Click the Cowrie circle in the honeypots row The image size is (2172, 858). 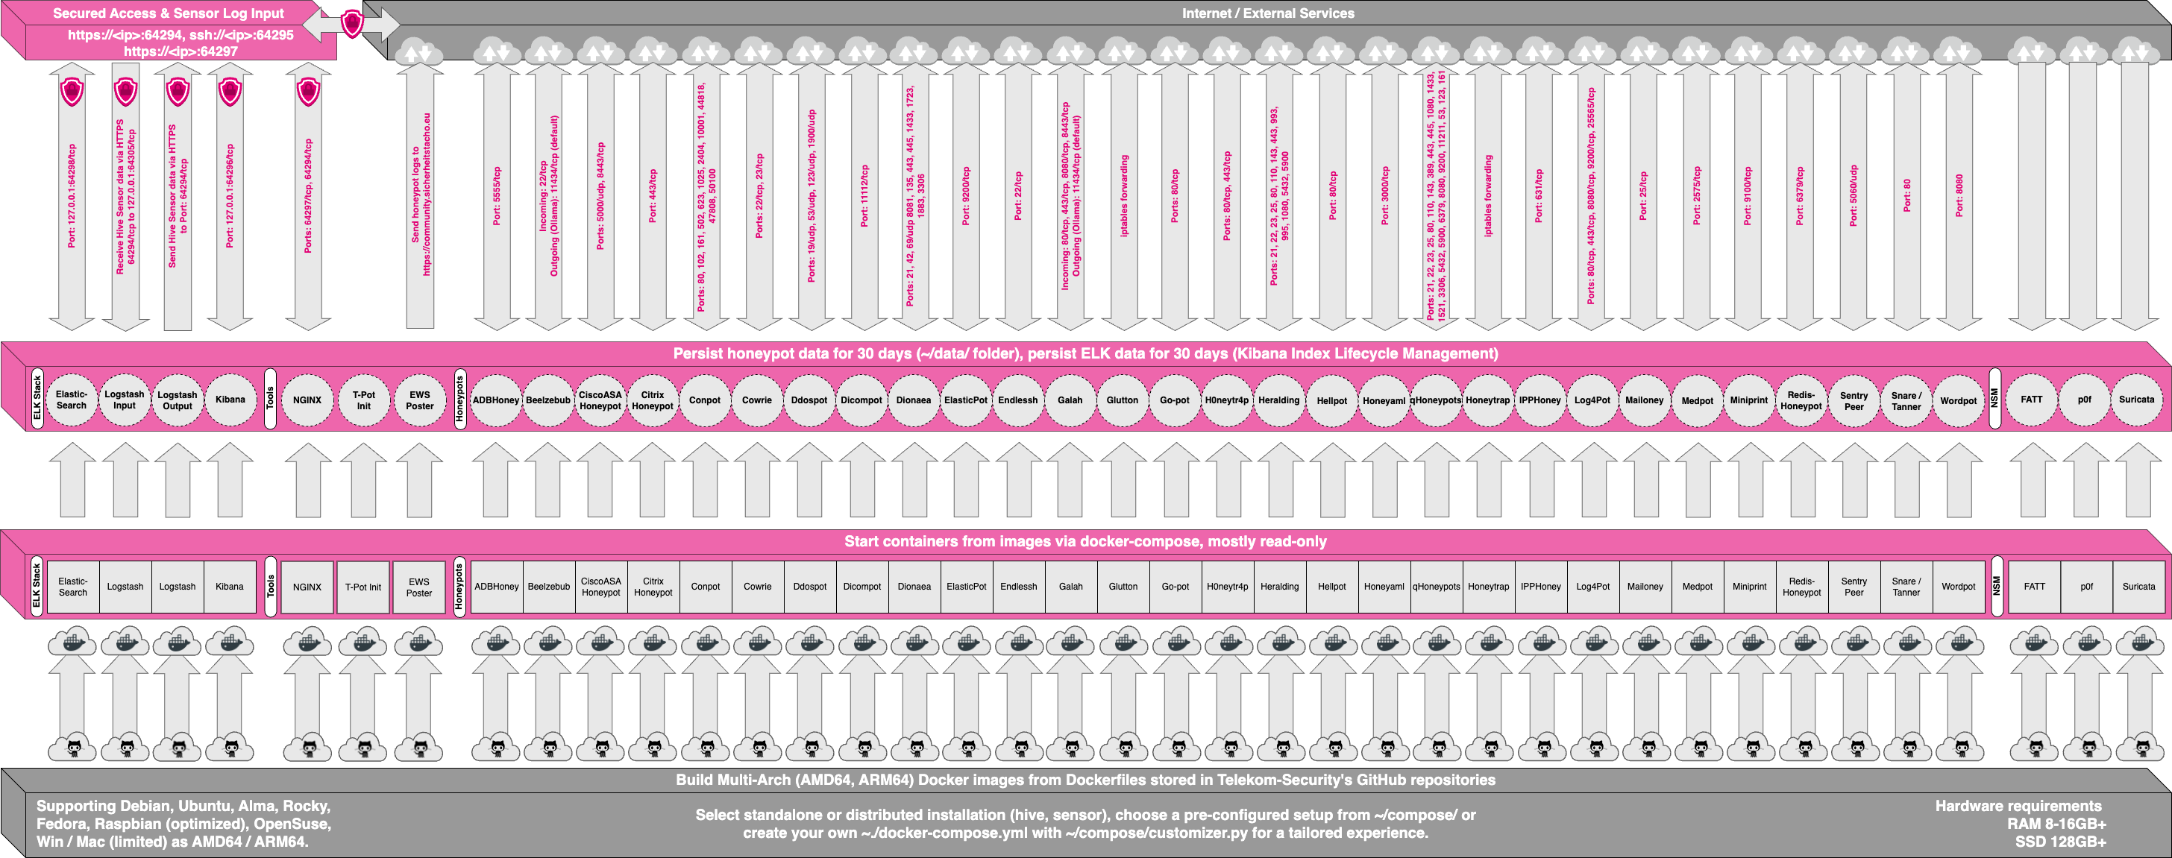pos(756,400)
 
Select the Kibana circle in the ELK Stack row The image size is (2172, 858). pos(230,400)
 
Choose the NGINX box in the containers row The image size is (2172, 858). pos(307,587)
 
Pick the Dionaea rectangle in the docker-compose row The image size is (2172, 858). pos(914,587)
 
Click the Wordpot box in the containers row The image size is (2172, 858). pos(1958,587)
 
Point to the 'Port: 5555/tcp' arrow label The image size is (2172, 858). pos(497,195)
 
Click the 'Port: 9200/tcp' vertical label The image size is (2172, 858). pos(966,195)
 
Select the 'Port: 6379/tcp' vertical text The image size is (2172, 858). pos(1800,195)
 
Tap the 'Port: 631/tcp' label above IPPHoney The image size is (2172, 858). pos(1539,195)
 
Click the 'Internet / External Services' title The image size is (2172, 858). pos(1267,13)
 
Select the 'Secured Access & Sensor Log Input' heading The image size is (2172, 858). pos(168,13)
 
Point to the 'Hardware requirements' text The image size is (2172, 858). pos(2018,806)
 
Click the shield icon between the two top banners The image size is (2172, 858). pos(351,24)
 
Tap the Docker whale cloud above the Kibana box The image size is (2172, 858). pos(230,643)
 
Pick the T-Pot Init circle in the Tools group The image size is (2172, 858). pos(363,400)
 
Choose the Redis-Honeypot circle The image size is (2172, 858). pos(1801,400)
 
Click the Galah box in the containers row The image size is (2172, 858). pos(1071,587)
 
